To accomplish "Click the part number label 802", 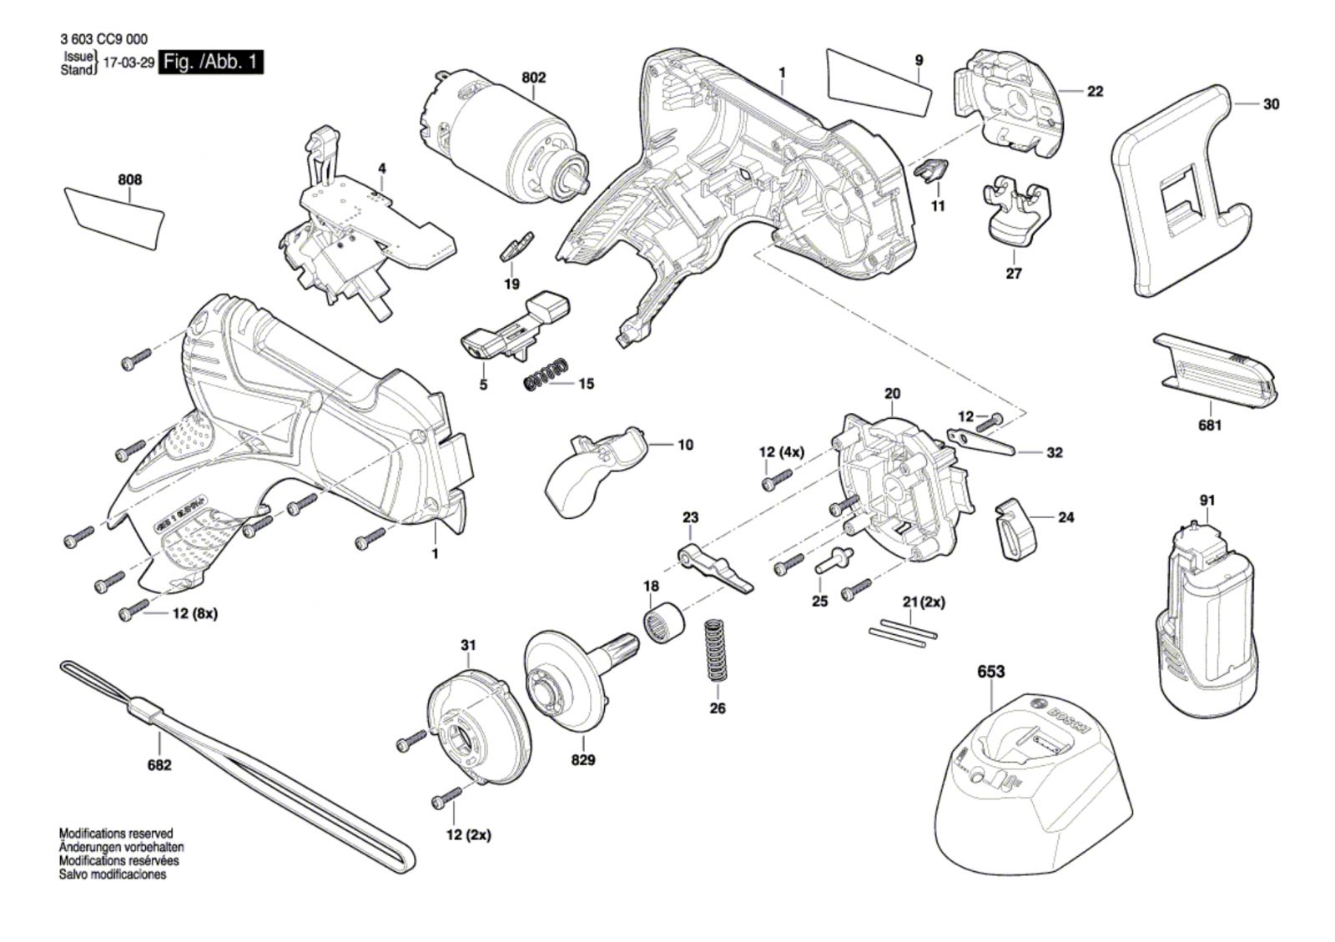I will click(x=534, y=78).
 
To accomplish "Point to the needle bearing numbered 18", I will click(x=664, y=623).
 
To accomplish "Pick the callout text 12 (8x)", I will click(x=194, y=613).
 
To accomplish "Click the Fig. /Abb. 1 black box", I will click(x=212, y=62).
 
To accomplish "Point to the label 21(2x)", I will click(x=924, y=602).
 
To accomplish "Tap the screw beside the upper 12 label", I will click(x=991, y=421).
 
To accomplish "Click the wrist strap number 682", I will click(x=159, y=764).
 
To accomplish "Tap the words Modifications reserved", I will click(x=116, y=834).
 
